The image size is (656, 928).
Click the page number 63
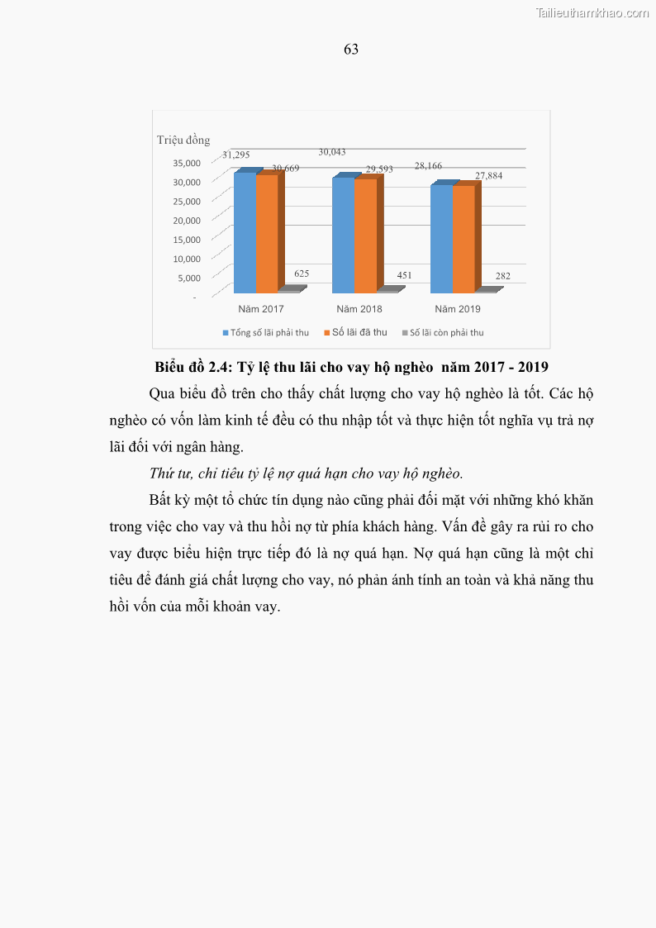[x=351, y=50]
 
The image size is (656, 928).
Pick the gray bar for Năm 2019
[x=487, y=290]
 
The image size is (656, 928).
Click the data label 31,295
[x=235, y=155]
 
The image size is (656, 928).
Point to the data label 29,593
[x=379, y=169]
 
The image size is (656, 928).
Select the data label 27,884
[x=488, y=176]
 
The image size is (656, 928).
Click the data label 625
[x=302, y=274]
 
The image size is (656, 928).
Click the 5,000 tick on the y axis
[x=186, y=278]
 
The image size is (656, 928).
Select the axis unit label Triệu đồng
[x=183, y=140]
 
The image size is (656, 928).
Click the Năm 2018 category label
[x=359, y=309]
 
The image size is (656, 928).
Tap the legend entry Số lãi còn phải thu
[x=447, y=332]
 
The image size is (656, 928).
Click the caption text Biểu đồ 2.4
[x=191, y=366]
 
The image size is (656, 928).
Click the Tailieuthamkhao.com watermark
[x=592, y=13]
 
